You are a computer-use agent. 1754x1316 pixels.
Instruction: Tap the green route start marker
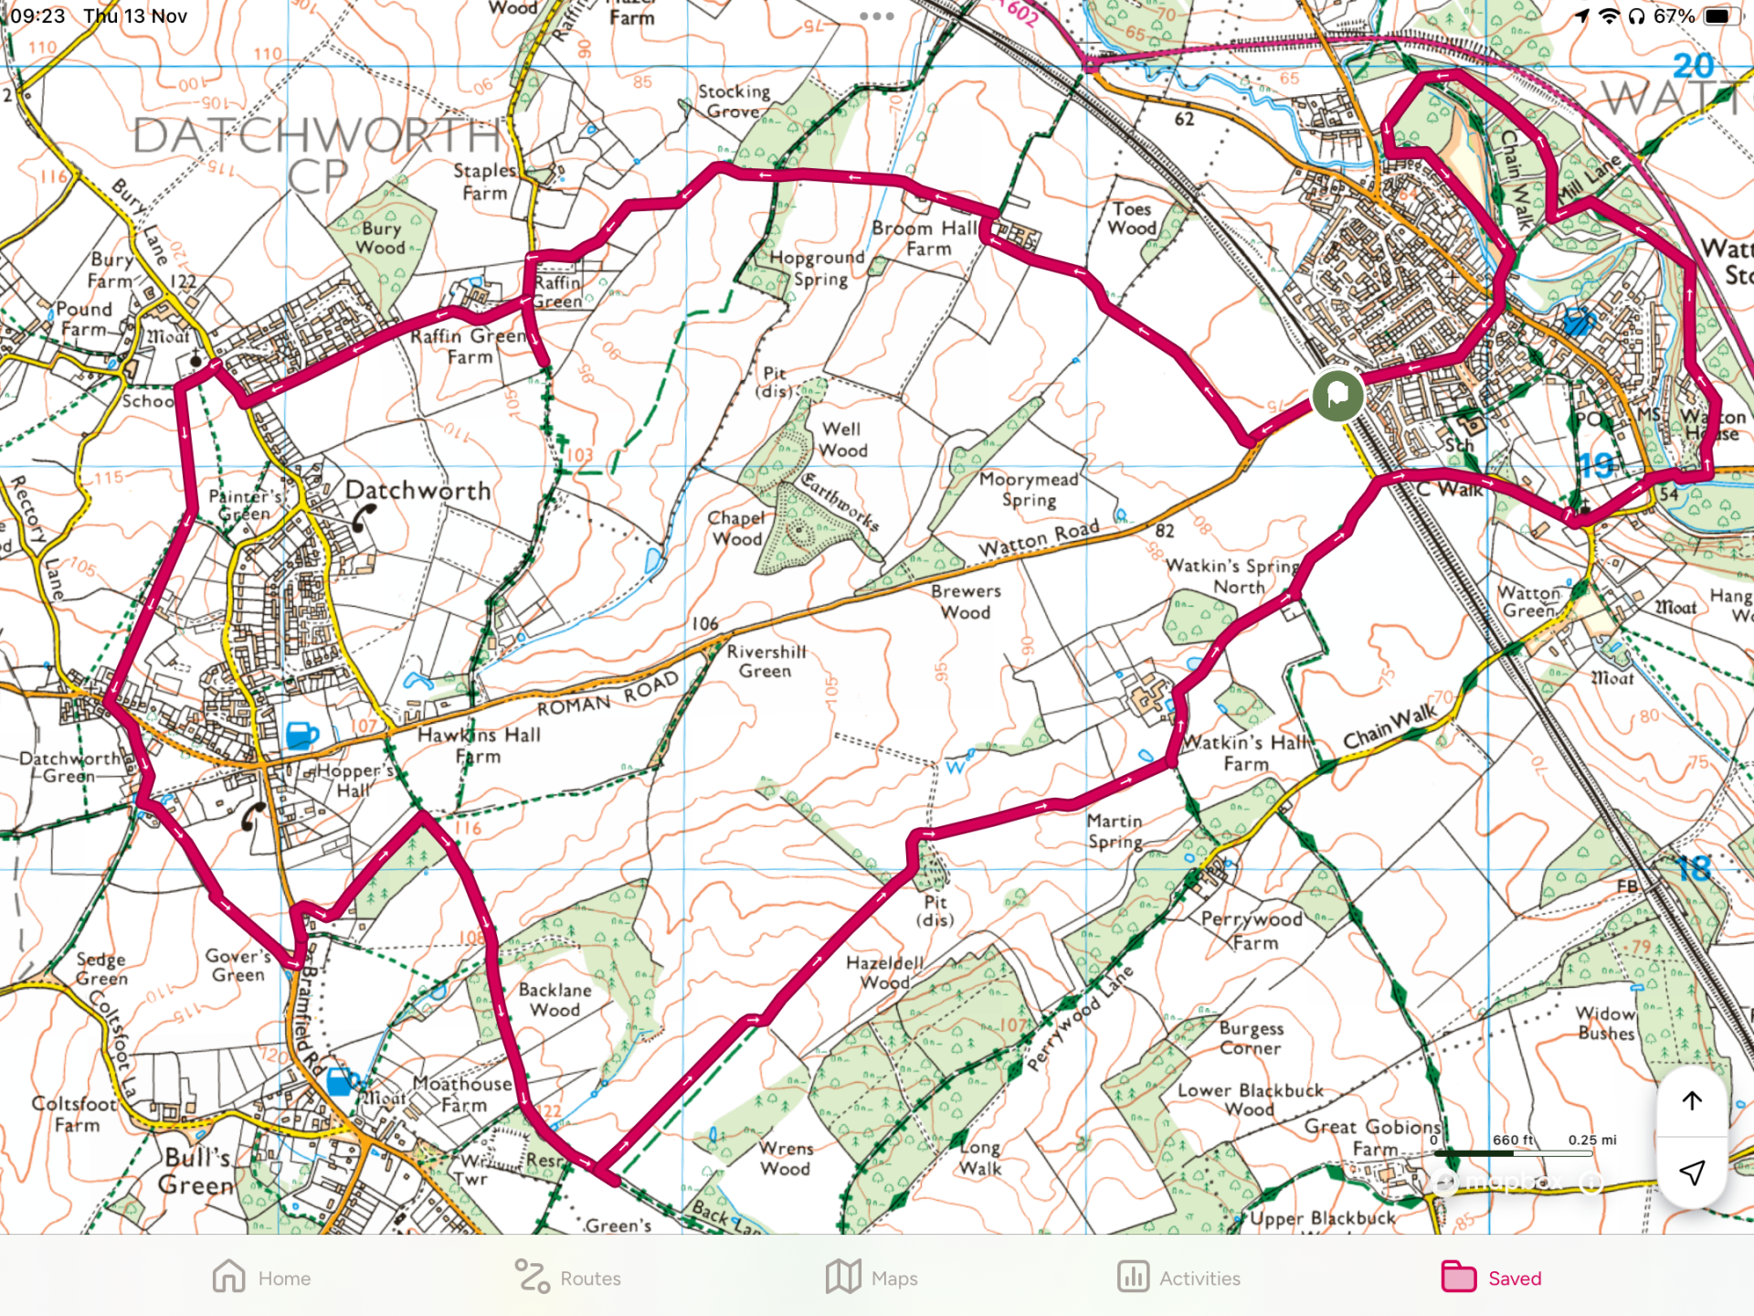click(1337, 395)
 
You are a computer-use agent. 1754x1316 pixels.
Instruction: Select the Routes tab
click(567, 1278)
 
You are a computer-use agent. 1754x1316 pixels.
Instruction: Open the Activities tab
click(1178, 1278)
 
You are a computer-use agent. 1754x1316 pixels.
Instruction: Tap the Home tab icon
click(229, 1277)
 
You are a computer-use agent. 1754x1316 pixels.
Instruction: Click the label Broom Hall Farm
click(926, 239)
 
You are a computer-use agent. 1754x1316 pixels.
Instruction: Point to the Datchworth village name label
click(418, 491)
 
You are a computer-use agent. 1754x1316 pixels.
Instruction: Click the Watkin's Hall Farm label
click(1246, 753)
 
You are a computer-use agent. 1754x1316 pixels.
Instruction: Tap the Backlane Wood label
click(555, 1000)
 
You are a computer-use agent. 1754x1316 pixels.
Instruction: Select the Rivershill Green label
click(766, 661)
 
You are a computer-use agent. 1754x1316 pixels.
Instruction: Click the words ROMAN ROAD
click(608, 695)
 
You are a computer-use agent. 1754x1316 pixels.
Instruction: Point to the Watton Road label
click(1039, 539)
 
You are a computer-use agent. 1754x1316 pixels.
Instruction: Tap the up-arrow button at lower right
click(1691, 1100)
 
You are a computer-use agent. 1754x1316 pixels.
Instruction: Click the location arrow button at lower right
click(1691, 1173)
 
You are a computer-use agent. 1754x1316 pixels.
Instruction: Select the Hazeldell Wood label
click(884, 972)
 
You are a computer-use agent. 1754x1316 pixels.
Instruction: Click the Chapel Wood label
click(736, 528)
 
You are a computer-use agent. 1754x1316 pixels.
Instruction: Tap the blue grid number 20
click(1693, 66)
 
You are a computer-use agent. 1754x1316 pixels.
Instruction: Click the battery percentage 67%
click(1674, 16)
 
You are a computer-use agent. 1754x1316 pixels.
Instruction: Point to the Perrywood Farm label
click(1252, 930)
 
